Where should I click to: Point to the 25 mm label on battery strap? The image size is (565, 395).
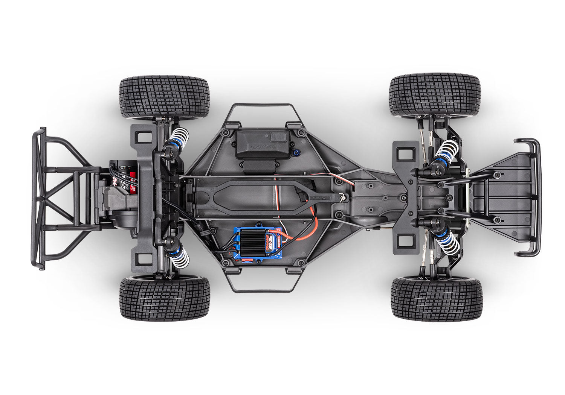click(x=324, y=196)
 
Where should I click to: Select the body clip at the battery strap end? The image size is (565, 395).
click(x=343, y=197)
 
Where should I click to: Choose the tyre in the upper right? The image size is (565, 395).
click(x=435, y=95)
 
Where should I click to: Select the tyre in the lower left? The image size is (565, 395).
click(x=165, y=299)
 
